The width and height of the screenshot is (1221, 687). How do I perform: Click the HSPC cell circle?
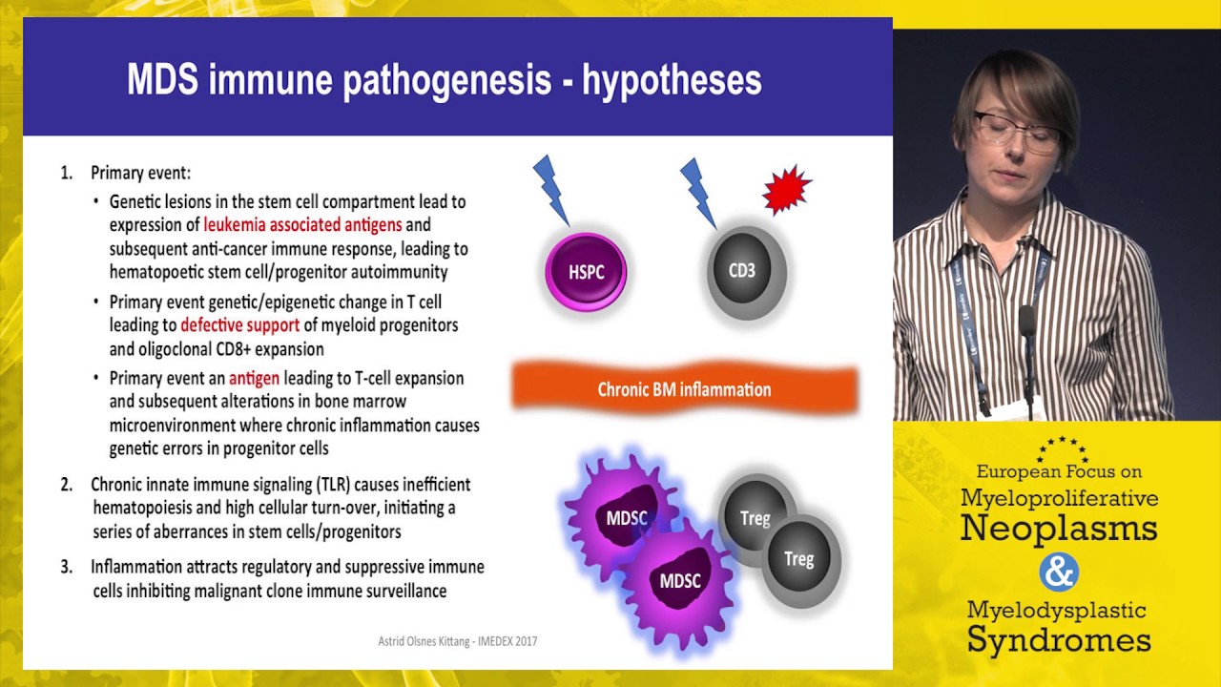[586, 272]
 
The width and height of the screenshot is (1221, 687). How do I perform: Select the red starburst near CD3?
[786, 189]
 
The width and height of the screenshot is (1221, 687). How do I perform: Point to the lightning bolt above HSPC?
[550, 187]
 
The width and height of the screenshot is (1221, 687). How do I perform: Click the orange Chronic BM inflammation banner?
[684, 389]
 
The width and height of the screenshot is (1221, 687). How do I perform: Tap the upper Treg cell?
[755, 517]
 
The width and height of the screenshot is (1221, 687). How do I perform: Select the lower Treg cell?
[798, 559]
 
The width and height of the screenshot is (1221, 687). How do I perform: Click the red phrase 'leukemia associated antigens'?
[302, 226]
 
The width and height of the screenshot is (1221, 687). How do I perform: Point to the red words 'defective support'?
[239, 325]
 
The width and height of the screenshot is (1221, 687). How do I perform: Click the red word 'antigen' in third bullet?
[254, 378]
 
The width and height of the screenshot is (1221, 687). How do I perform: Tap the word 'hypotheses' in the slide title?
[672, 81]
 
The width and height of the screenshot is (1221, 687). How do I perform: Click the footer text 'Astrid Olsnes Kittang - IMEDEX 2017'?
[457, 641]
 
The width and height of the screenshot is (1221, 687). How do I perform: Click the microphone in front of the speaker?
[1027, 324]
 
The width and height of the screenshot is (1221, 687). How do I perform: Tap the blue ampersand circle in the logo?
[1058, 572]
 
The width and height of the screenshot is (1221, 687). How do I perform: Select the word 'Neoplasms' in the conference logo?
[1058, 528]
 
